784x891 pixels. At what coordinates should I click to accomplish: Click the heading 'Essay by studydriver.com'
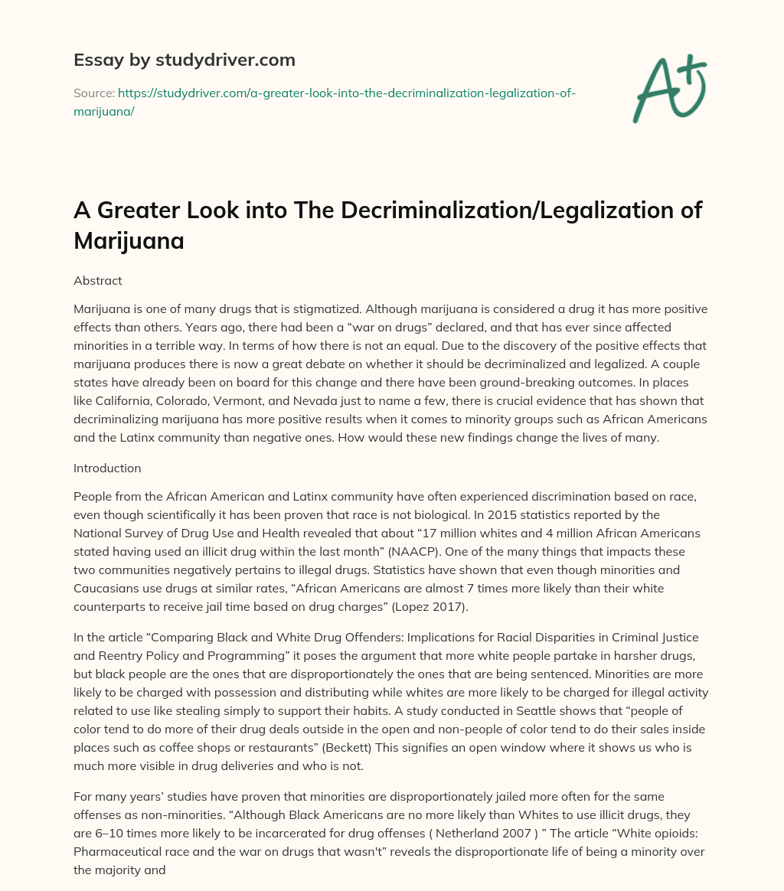[x=184, y=59]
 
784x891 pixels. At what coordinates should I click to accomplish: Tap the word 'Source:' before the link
[x=93, y=93]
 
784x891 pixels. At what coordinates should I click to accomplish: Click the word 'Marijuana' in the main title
[x=129, y=240]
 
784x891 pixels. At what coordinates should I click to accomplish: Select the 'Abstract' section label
[x=97, y=280]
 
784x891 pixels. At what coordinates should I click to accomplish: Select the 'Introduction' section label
[x=106, y=467]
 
